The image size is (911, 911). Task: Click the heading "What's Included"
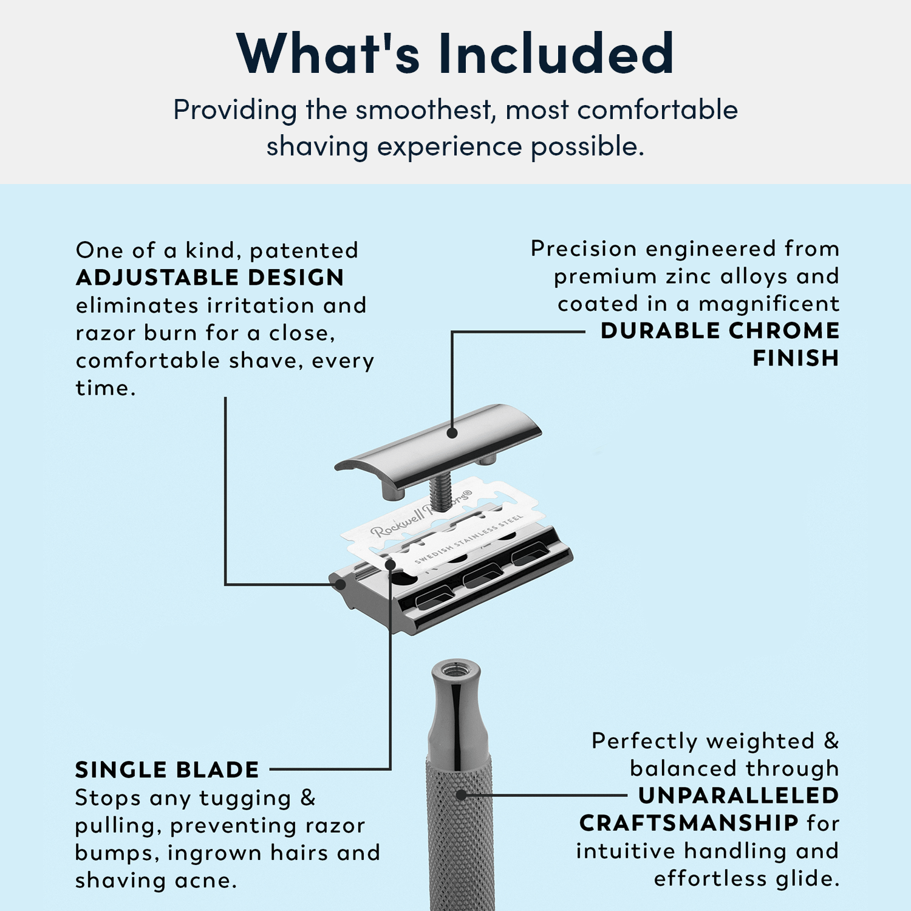tap(455, 53)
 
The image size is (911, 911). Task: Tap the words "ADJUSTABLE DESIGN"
tap(210, 278)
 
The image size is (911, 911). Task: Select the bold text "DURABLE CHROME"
tap(720, 330)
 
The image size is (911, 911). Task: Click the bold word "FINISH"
tap(796, 358)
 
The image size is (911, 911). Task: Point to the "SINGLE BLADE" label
tap(167, 770)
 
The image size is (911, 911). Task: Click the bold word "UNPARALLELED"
tap(739, 796)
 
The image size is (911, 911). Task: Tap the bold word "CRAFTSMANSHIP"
tap(689, 823)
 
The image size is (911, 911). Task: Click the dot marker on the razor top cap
tap(452, 433)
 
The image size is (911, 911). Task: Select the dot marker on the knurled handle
tap(461, 794)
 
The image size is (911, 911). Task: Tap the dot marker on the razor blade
tap(391, 565)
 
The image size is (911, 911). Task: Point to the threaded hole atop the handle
tap(456, 670)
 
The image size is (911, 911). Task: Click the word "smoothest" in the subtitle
tap(423, 111)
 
